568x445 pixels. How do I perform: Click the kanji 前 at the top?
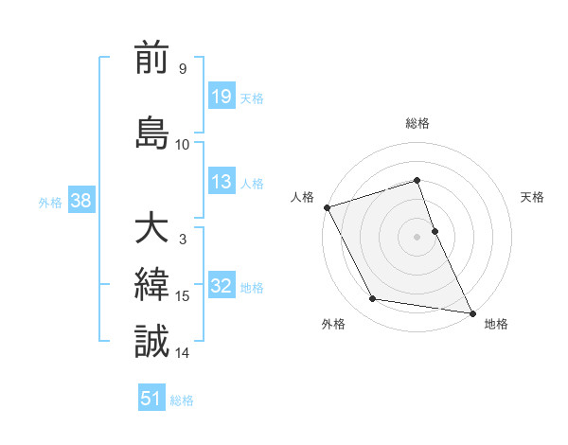(x=151, y=59)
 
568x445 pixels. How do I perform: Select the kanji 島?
(x=151, y=133)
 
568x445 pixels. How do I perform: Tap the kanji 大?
(x=151, y=228)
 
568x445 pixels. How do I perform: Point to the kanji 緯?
(x=151, y=285)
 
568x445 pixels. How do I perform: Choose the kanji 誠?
(x=151, y=341)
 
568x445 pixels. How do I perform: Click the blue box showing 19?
(x=221, y=97)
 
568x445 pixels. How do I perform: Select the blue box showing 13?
(x=221, y=183)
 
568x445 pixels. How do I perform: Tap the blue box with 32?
(x=221, y=287)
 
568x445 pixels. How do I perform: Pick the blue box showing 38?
(x=80, y=201)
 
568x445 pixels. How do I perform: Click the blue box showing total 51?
(x=151, y=399)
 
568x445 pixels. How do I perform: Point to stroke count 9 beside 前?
(x=182, y=69)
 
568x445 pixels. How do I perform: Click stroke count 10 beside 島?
(x=183, y=144)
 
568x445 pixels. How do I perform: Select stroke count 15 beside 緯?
(x=183, y=296)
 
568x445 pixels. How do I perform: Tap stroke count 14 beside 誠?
(x=183, y=352)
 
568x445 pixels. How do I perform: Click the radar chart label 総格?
(x=417, y=123)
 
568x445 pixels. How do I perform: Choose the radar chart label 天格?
(x=532, y=197)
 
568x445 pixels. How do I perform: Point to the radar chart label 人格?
(x=302, y=197)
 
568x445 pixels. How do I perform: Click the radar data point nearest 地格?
(x=471, y=311)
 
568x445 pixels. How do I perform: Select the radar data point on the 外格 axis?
(x=372, y=299)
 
